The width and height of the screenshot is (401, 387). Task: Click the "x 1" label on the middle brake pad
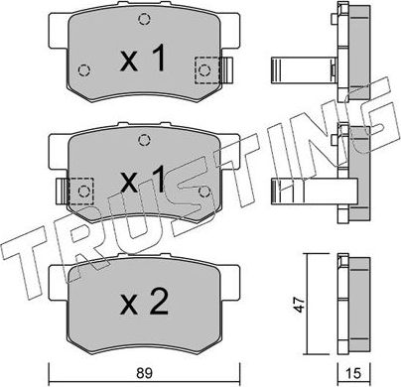[142, 181]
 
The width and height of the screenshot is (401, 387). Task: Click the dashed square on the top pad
[206, 69]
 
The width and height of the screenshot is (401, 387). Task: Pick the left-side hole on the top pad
[83, 69]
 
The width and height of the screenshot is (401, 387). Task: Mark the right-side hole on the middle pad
[204, 189]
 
